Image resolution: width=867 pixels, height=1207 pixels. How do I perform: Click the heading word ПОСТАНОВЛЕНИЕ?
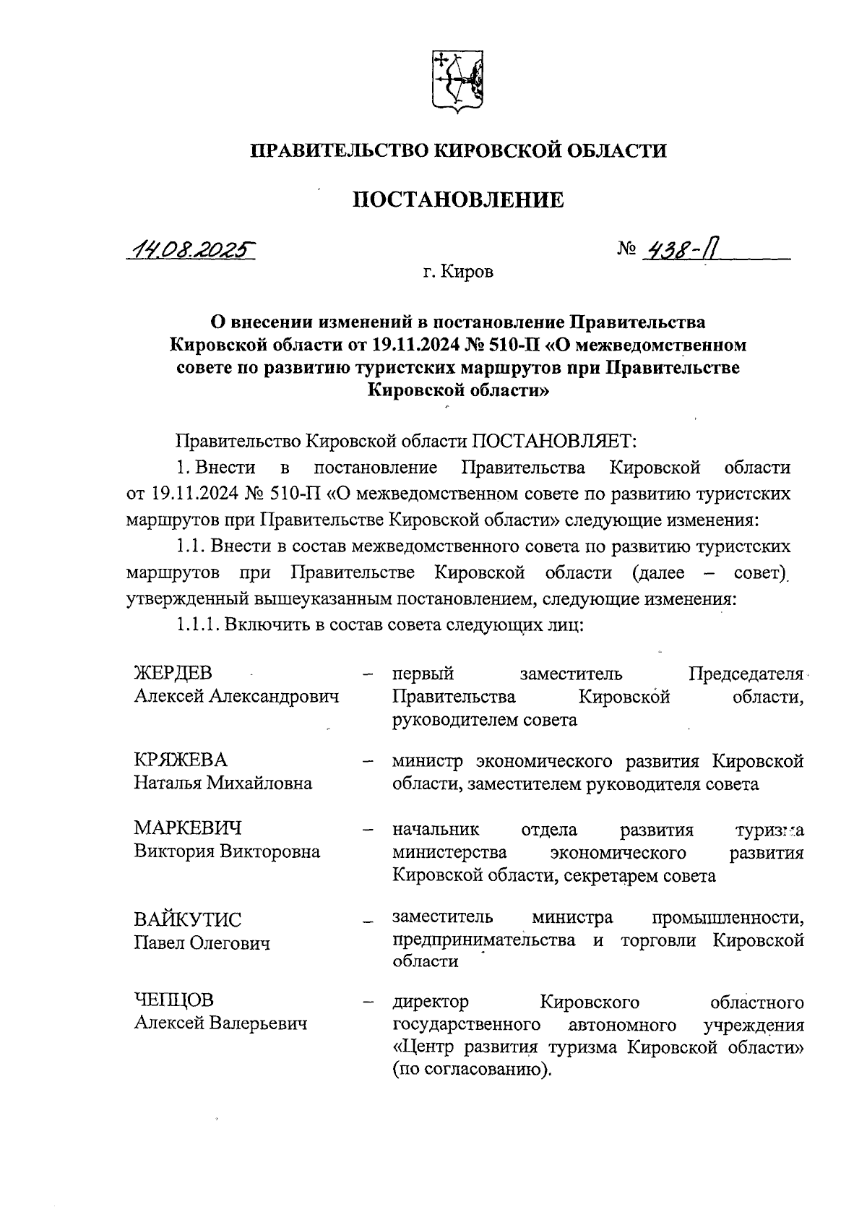pos(458,200)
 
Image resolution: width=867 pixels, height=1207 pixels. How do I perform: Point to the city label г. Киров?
pos(459,274)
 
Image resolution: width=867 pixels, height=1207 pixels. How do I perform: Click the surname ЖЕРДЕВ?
pos(173,673)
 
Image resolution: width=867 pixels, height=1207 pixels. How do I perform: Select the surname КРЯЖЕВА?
pos(181,760)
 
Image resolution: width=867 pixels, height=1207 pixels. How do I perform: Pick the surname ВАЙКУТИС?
pos(188,920)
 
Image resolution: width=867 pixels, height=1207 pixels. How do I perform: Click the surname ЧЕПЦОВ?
pos(174,1000)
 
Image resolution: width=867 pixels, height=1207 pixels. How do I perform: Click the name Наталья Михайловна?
pos(223,783)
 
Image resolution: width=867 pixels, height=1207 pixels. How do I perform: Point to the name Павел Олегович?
pos(202,943)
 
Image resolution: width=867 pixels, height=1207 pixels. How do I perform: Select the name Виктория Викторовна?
pos(227,851)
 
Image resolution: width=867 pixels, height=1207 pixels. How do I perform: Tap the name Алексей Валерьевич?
pos(220,1023)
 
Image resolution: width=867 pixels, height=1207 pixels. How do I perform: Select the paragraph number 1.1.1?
pos(197,624)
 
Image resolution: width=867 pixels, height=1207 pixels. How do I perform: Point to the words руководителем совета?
pos(484,720)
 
